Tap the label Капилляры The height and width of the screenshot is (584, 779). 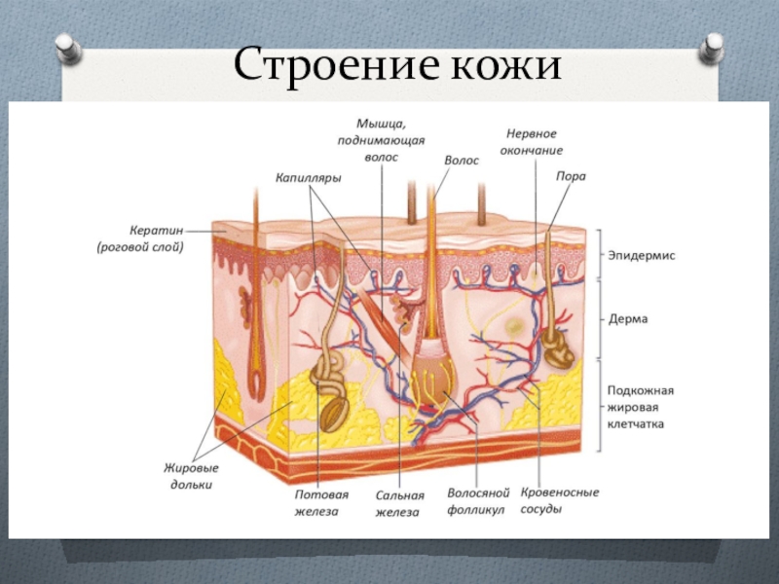[x=308, y=178]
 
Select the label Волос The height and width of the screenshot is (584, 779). [x=462, y=161]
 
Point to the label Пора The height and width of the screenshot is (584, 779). [x=570, y=176]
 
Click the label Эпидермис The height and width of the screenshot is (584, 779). [x=642, y=255]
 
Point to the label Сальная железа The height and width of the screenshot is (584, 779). [x=398, y=501]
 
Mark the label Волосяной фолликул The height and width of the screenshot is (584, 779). [x=476, y=501]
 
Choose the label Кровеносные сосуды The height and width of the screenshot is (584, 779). [x=560, y=500]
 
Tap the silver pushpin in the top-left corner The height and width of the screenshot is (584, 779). [x=66, y=48]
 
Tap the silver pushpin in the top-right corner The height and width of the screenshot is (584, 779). [x=712, y=46]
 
